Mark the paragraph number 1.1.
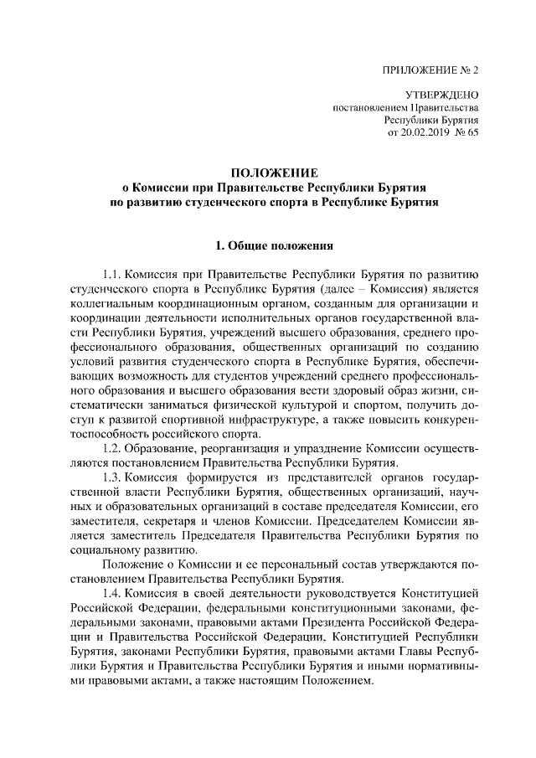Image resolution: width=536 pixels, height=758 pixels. (x=112, y=274)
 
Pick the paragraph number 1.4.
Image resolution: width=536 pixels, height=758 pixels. (x=112, y=593)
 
